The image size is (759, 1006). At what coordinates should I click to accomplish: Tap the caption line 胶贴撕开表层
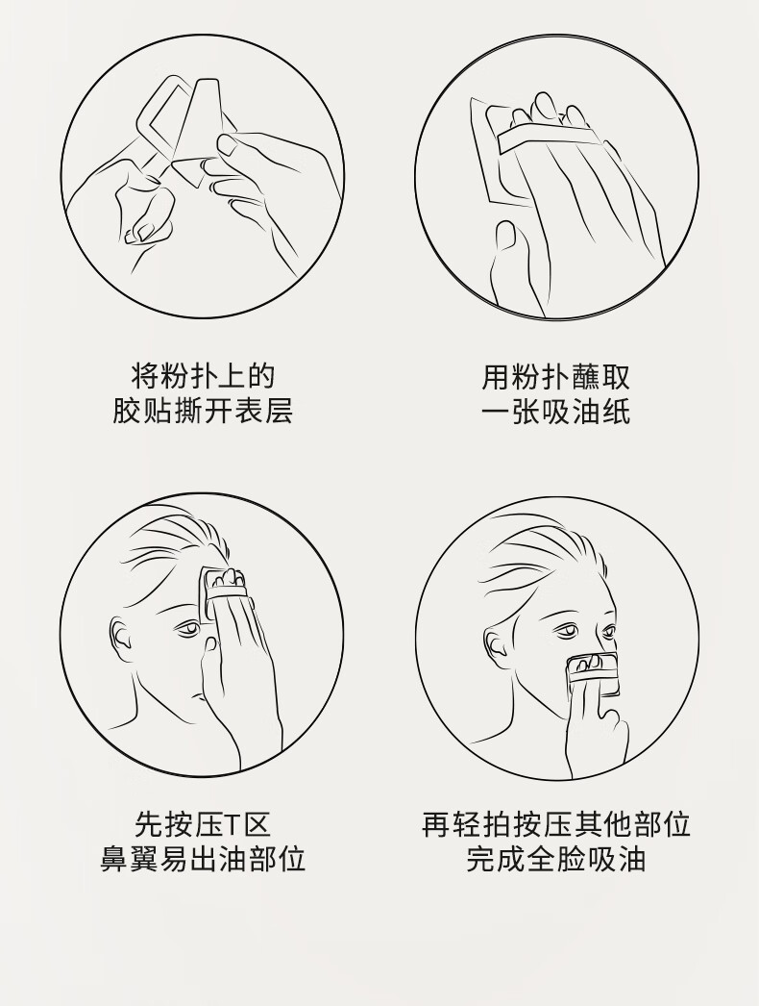[203, 412]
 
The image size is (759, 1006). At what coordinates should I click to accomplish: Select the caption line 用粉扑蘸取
[555, 377]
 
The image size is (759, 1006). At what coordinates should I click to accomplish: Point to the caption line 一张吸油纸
[555, 412]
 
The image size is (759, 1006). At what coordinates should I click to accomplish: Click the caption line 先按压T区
[203, 824]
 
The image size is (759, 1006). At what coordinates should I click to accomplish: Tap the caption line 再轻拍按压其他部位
[555, 824]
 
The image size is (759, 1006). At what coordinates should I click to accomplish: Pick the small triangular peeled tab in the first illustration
[190, 172]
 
